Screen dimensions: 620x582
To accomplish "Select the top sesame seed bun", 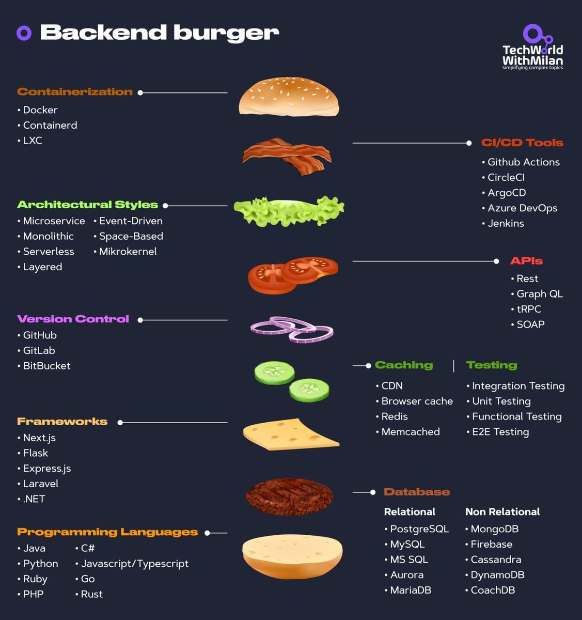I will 289,97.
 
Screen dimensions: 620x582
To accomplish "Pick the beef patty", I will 289,496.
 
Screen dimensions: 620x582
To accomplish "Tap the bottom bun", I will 292,556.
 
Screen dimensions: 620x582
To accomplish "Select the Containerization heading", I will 75,92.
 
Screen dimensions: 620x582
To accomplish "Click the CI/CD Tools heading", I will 522,143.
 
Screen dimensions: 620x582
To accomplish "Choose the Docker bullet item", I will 40,110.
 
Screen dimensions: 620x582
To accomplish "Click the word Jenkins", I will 506,224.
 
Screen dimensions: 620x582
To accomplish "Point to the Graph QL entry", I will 540,294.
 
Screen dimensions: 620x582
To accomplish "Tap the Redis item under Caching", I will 395,416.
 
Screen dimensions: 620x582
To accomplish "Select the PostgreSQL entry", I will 419,529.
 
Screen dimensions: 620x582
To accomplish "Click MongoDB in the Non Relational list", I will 495,529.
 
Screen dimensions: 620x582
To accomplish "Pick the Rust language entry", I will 92,594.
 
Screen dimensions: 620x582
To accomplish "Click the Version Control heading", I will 73,319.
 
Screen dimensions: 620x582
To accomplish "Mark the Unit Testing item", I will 501,401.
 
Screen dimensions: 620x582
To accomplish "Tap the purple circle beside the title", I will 24,33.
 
